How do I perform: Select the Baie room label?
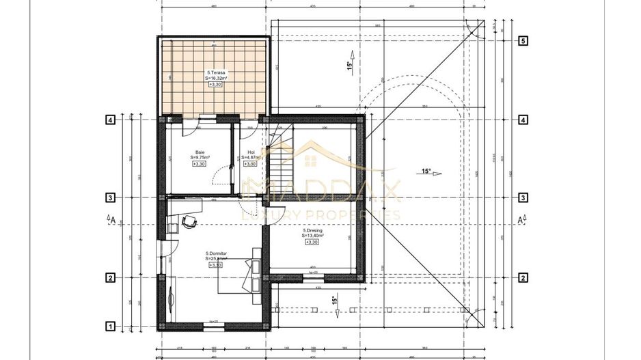pyautogui.click(x=200, y=152)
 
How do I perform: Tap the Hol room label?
pyautogui.click(x=251, y=152)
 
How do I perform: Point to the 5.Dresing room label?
pyautogui.click(x=313, y=230)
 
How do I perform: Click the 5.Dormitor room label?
pyautogui.click(x=216, y=253)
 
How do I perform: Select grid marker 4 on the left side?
pyautogui.click(x=109, y=120)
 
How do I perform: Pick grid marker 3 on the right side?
pyautogui.click(x=523, y=198)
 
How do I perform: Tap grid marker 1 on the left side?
pyautogui.click(x=109, y=327)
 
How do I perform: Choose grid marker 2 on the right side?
pyautogui.click(x=523, y=277)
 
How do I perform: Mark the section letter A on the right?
pyautogui.click(x=521, y=220)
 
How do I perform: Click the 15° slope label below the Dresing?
pyautogui.click(x=335, y=301)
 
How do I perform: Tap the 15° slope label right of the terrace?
pyautogui.click(x=349, y=66)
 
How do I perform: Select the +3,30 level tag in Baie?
pyautogui.click(x=200, y=164)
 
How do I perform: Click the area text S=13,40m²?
pyautogui.click(x=313, y=236)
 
